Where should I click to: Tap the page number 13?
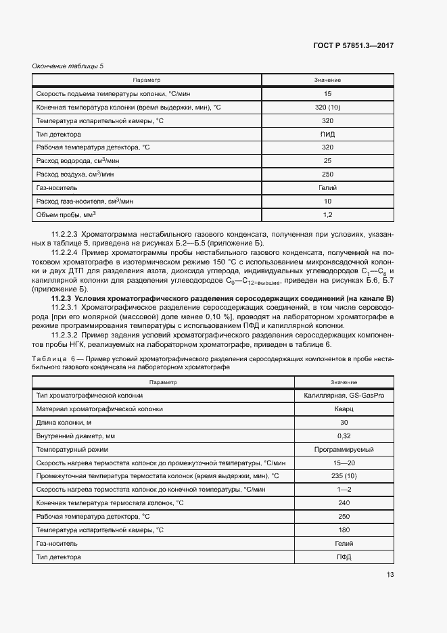(x=390, y=575)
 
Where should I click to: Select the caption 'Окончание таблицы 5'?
(x=68, y=66)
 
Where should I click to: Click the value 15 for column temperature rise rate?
(x=328, y=94)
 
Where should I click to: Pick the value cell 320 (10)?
(x=328, y=108)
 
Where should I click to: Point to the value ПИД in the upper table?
(x=328, y=134)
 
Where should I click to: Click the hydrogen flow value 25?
(x=328, y=161)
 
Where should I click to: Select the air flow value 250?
(x=328, y=174)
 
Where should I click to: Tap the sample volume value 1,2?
(x=328, y=215)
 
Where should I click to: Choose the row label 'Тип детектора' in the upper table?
(x=59, y=134)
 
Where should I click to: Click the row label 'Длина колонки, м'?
(x=64, y=422)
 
